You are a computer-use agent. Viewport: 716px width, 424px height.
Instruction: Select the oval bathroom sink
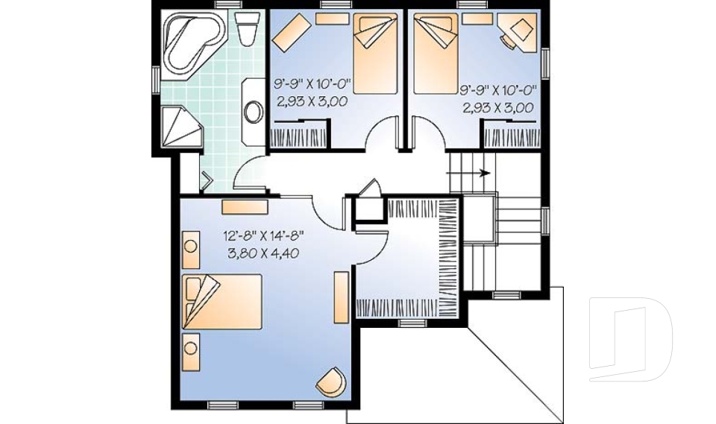point(254,113)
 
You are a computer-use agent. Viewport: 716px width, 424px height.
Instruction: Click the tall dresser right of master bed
point(342,297)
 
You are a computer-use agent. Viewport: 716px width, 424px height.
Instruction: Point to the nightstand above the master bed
point(190,250)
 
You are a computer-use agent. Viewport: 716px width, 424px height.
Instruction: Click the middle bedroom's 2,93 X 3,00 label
point(311,103)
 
